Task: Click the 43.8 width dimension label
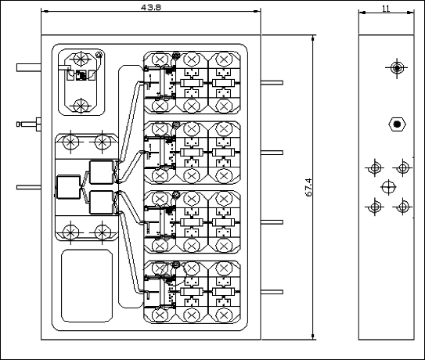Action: point(151,7)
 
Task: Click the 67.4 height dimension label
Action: point(308,187)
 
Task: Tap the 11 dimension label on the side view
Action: point(386,9)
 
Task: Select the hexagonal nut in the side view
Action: point(397,124)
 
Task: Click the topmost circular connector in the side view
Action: point(397,68)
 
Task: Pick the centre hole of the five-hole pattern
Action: point(388,187)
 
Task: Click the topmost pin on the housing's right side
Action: point(272,82)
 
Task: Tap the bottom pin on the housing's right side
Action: point(272,292)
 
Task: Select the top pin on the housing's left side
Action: point(29,67)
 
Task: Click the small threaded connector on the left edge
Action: point(29,124)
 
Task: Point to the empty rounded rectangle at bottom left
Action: point(87,286)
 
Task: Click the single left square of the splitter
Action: point(69,187)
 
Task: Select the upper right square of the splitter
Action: point(102,172)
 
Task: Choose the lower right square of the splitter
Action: point(102,202)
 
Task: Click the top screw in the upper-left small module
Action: point(81,58)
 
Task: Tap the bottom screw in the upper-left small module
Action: point(81,106)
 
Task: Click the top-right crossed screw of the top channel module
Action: point(224,59)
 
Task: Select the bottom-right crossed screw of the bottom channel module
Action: point(224,315)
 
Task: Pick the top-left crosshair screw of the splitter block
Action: point(70,142)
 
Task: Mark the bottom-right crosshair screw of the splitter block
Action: point(103,232)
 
